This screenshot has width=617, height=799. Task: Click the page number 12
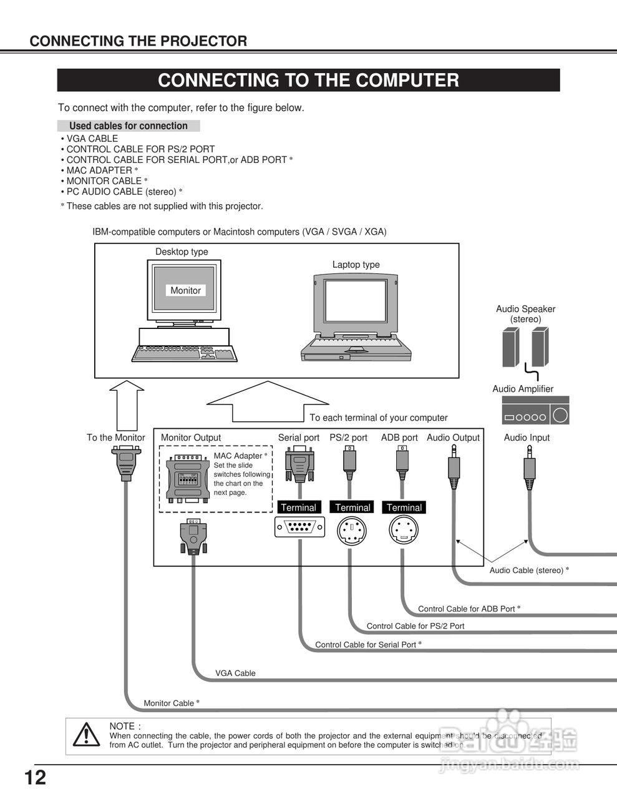tap(36, 778)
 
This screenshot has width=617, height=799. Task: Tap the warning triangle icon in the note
tap(86, 735)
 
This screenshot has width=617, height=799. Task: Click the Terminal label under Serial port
tap(299, 507)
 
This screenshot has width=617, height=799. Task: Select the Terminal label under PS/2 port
tap(352, 507)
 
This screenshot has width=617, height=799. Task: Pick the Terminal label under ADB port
tap(404, 507)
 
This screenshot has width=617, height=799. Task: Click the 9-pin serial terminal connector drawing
tap(299, 527)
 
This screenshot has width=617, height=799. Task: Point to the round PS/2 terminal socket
tap(352, 531)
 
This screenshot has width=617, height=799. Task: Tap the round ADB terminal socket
tap(404, 531)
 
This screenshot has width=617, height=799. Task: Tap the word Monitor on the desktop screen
tap(185, 290)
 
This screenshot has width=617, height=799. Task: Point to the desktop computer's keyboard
tap(184, 354)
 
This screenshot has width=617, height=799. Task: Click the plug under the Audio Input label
tap(529, 468)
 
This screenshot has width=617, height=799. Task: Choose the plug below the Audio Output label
tap(454, 469)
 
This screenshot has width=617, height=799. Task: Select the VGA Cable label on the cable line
tap(235, 673)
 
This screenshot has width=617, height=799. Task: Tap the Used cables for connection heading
tap(129, 126)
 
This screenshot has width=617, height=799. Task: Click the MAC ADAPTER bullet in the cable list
tap(99, 170)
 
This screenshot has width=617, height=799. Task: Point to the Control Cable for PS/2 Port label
tap(415, 626)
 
